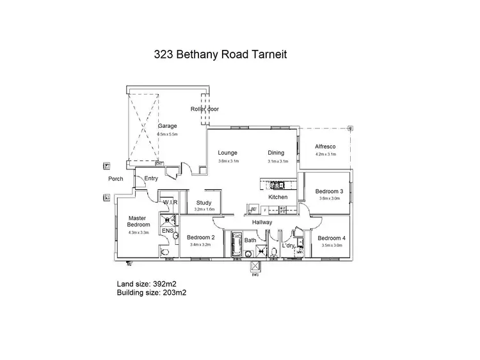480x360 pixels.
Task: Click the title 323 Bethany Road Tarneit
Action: [220, 54]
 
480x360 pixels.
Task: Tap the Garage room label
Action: [168, 126]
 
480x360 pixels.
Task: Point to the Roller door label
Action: [205, 109]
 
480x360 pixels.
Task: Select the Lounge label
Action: [227, 153]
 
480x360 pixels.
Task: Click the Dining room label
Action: [276, 153]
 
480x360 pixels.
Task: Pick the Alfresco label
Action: [325, 146]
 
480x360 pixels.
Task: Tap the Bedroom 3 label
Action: [330, 191]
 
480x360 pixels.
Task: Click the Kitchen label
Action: [278, 197]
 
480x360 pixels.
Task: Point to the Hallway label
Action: [262, 222]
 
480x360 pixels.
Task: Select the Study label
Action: [204, 203]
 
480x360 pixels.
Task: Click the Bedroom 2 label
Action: [200, 238]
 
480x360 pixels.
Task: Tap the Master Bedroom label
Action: [139, 221]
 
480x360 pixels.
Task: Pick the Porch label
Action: [115, 179]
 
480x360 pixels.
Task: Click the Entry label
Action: [151, 178]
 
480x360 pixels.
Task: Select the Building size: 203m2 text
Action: [152, 292]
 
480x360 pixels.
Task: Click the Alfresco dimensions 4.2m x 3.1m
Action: [325, 154]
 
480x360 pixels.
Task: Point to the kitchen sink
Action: [279, 186]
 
